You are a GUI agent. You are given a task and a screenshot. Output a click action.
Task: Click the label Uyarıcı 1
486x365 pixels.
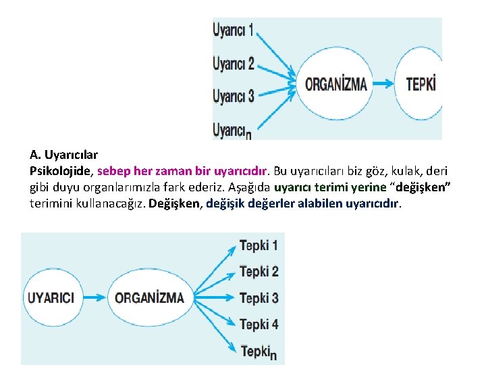coord(233,30)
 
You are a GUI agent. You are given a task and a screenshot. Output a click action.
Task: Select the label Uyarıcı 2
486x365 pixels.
coord(233,64)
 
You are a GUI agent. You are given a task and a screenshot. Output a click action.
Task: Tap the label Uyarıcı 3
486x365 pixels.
coord(233,95)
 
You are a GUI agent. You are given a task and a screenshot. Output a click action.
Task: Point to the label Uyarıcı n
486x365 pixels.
coord(232,129)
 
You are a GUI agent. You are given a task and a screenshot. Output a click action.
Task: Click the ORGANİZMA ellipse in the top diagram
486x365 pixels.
coord(336,84)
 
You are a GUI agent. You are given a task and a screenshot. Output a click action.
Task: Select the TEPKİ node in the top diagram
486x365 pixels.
coord(421,84)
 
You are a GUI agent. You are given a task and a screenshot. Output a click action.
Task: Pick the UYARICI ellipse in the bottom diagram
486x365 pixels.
coord(51,297)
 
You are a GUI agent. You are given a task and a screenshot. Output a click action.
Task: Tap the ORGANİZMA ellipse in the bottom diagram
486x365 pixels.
coord(149,297)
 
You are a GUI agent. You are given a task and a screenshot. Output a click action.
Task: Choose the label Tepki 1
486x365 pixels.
coord(259,245)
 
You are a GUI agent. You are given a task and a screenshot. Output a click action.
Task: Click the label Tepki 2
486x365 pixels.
coord(259,272)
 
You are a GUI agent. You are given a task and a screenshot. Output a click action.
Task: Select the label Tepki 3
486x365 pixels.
coord(259,298)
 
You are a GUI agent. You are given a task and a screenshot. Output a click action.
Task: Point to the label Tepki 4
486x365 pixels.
coord(259,324)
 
